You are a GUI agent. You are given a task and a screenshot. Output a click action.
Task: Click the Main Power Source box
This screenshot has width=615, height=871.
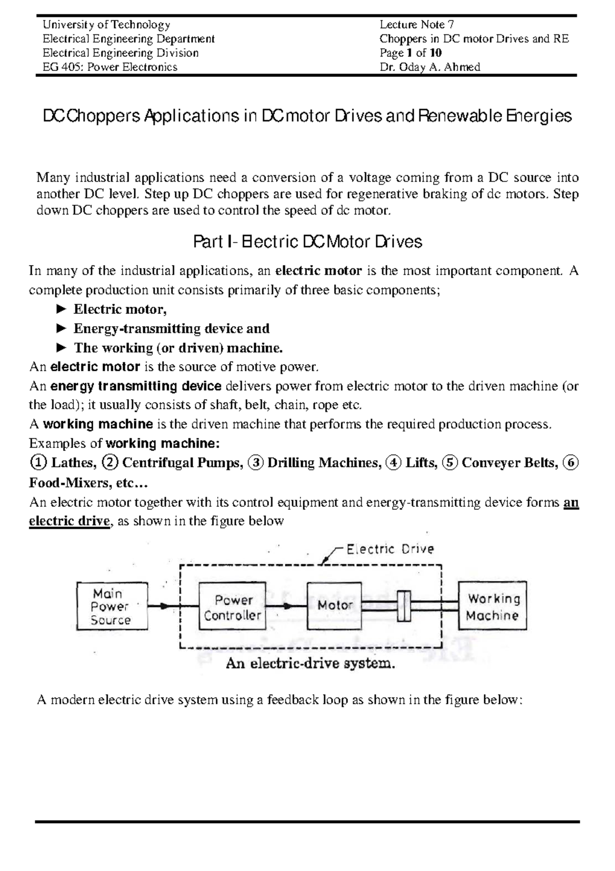(112, 606)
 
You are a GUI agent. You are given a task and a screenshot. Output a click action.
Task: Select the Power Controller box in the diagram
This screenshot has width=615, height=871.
(232, 606)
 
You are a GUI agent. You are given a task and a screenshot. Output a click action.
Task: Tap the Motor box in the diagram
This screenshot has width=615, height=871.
(334, 606)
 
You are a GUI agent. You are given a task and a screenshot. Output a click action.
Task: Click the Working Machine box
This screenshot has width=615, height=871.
(492, 606)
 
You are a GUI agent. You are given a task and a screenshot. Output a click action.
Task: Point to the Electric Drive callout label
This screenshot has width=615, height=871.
(389, 549)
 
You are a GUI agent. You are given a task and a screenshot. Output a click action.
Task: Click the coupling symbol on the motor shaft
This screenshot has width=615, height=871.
(405, 606)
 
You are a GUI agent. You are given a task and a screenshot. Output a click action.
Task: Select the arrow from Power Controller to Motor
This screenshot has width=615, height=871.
(287, 606)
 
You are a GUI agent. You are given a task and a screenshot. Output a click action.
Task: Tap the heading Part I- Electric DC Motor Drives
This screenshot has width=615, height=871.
(307, 242)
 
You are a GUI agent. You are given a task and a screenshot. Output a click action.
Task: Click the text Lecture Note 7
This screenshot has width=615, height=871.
(417, 25)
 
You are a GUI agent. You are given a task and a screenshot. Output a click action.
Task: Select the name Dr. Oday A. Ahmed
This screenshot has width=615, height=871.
(429, 67)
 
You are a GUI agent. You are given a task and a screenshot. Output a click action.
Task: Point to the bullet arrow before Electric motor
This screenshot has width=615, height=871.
(60, 309)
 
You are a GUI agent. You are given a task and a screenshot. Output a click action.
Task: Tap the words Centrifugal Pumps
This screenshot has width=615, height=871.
(181, 463)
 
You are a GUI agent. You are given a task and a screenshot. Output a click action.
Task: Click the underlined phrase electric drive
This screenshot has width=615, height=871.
(70, 521)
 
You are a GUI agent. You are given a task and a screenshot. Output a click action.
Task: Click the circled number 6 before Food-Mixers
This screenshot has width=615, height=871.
(570, 463)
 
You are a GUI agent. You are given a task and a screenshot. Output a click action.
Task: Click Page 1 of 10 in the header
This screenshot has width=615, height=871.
(411, 53)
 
